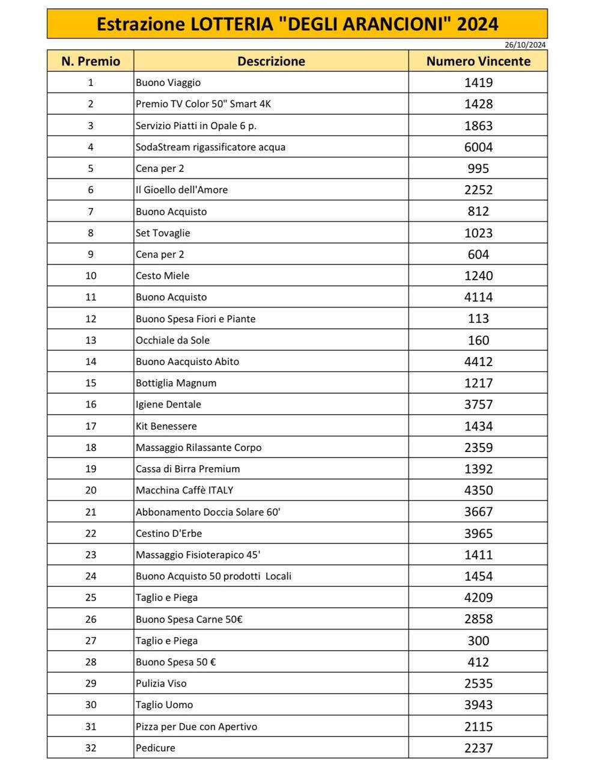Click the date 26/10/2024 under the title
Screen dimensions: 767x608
coord(525,44)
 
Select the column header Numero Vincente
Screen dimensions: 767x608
coord(478,61)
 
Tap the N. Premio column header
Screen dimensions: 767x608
coord(91,61)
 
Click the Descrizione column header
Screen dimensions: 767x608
coord(271,61)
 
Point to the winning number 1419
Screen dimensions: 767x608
coord(478,82)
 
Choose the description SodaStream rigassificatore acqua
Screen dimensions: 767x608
coord(210,147)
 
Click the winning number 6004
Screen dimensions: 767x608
coord(478,147)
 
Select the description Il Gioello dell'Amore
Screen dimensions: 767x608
coord(181,190)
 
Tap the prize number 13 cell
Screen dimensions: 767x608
coord(91,340)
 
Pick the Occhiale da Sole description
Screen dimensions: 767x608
coord(172,340)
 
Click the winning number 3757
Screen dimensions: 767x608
coord(478,405)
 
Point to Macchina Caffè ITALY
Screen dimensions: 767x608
coord(184,490)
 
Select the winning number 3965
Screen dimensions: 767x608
coord(478,533)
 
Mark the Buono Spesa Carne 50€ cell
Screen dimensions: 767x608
coord(189,619)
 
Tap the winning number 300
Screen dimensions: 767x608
coord(478,641)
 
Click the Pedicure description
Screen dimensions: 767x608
coord(156,748)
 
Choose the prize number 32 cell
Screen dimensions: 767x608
coord(91,748)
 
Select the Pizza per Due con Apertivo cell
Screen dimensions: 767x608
coord(196,727)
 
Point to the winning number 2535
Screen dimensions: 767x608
coord(478,683)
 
